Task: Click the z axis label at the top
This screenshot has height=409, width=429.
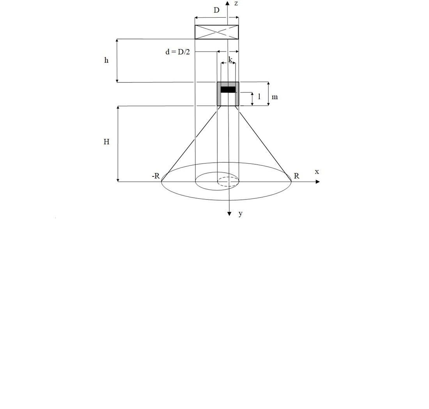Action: (236, 4)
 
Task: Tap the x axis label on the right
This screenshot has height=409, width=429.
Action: (317, 172)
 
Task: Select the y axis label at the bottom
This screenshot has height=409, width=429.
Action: (240, 213)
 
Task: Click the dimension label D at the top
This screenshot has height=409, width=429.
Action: (216, 11)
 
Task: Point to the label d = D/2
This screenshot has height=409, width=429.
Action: (177, 52)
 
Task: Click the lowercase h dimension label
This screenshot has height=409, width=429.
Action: (106, 60)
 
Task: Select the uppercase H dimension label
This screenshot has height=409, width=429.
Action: (106, 142)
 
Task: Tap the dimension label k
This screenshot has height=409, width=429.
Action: (230, 60)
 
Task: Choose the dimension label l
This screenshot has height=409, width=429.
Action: (259, 97)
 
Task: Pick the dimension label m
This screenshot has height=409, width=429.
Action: (275, 97)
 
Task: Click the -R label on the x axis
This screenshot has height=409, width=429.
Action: (156, 176)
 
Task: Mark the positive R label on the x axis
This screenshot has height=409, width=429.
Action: (296, 176)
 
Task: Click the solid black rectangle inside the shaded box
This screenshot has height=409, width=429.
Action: (228, 89)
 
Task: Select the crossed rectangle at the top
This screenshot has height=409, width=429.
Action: (216, 32)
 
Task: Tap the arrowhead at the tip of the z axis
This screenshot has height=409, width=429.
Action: (227, 3)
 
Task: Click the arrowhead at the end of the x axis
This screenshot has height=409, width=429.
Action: (317, 181)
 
